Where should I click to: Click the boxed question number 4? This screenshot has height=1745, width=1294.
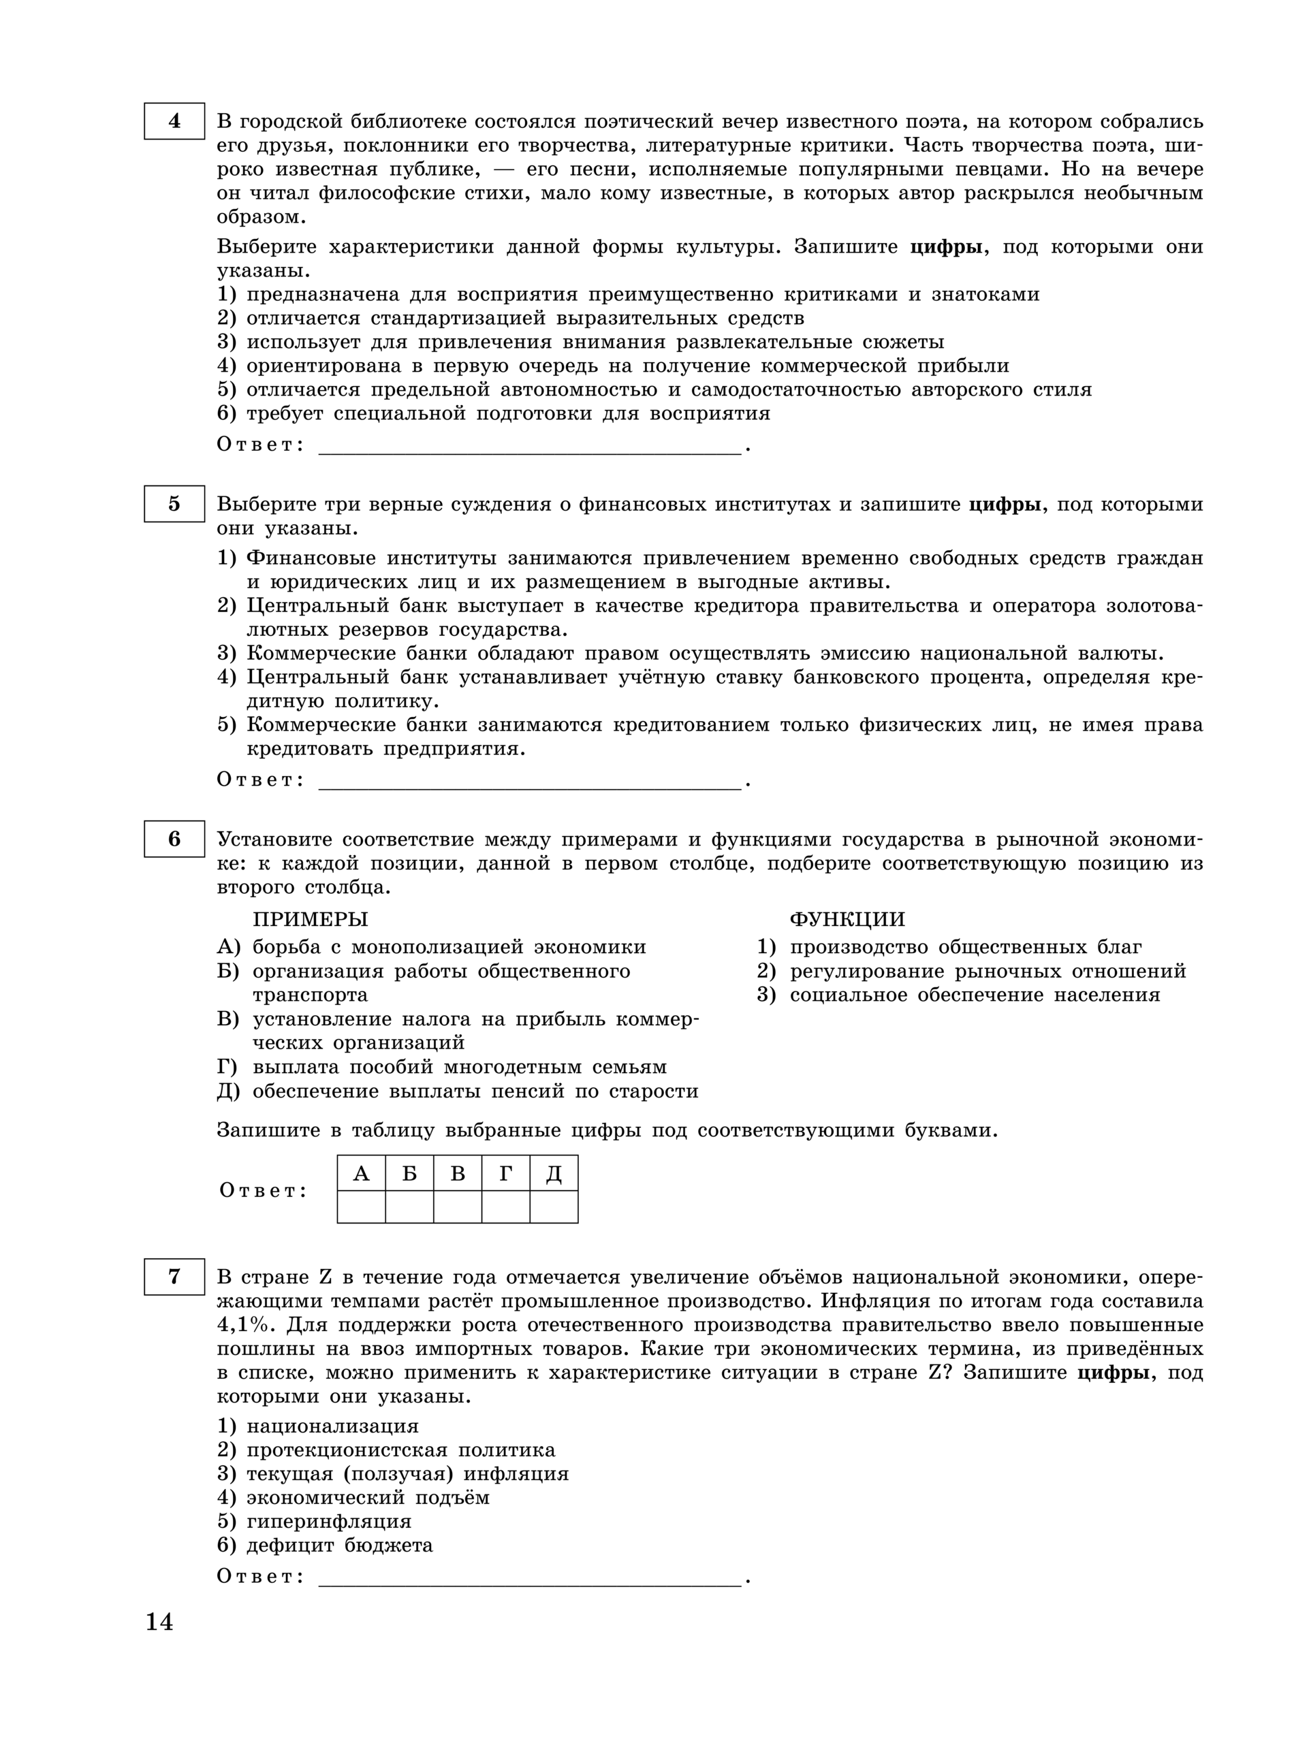tap(174, 121)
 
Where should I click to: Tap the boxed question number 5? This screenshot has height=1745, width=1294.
tap(174, 503)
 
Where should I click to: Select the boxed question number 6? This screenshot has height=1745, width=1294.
tap(174, 838)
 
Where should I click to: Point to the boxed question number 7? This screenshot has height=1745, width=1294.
tap(174, 1277)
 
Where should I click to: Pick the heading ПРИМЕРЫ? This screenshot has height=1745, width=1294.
tap(310, 919)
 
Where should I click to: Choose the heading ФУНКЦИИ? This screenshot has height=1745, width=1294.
tap(847, 919)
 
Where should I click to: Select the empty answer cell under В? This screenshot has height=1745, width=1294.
tap(458, 1206)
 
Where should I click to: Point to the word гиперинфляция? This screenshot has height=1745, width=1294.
tap(329, 1521)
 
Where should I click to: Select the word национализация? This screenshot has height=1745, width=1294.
tap(333, 1426)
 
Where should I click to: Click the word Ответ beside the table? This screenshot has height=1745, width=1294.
tap(262, 1191)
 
